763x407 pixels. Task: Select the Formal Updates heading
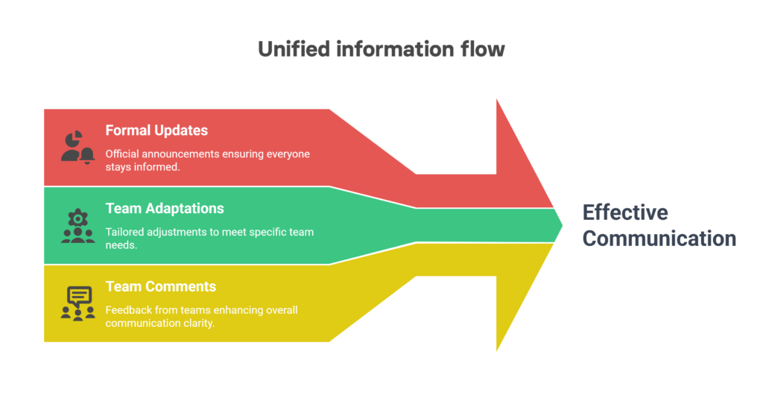click(156, 130)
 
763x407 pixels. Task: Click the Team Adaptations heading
click(165, 209)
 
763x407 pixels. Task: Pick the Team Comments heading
click(161, 286)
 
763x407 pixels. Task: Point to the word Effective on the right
click(625, 212)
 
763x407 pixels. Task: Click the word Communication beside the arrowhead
click(659, 239)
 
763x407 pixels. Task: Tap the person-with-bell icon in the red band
click(77, 148)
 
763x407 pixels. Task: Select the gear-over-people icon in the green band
click(77, 226)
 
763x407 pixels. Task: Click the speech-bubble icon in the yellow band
click(77, 304)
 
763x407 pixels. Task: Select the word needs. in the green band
click(121, 245)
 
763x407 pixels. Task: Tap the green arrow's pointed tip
click(562, 225)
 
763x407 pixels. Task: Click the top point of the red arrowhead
click(496, 99)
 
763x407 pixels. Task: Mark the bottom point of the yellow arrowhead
click(496, 350)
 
